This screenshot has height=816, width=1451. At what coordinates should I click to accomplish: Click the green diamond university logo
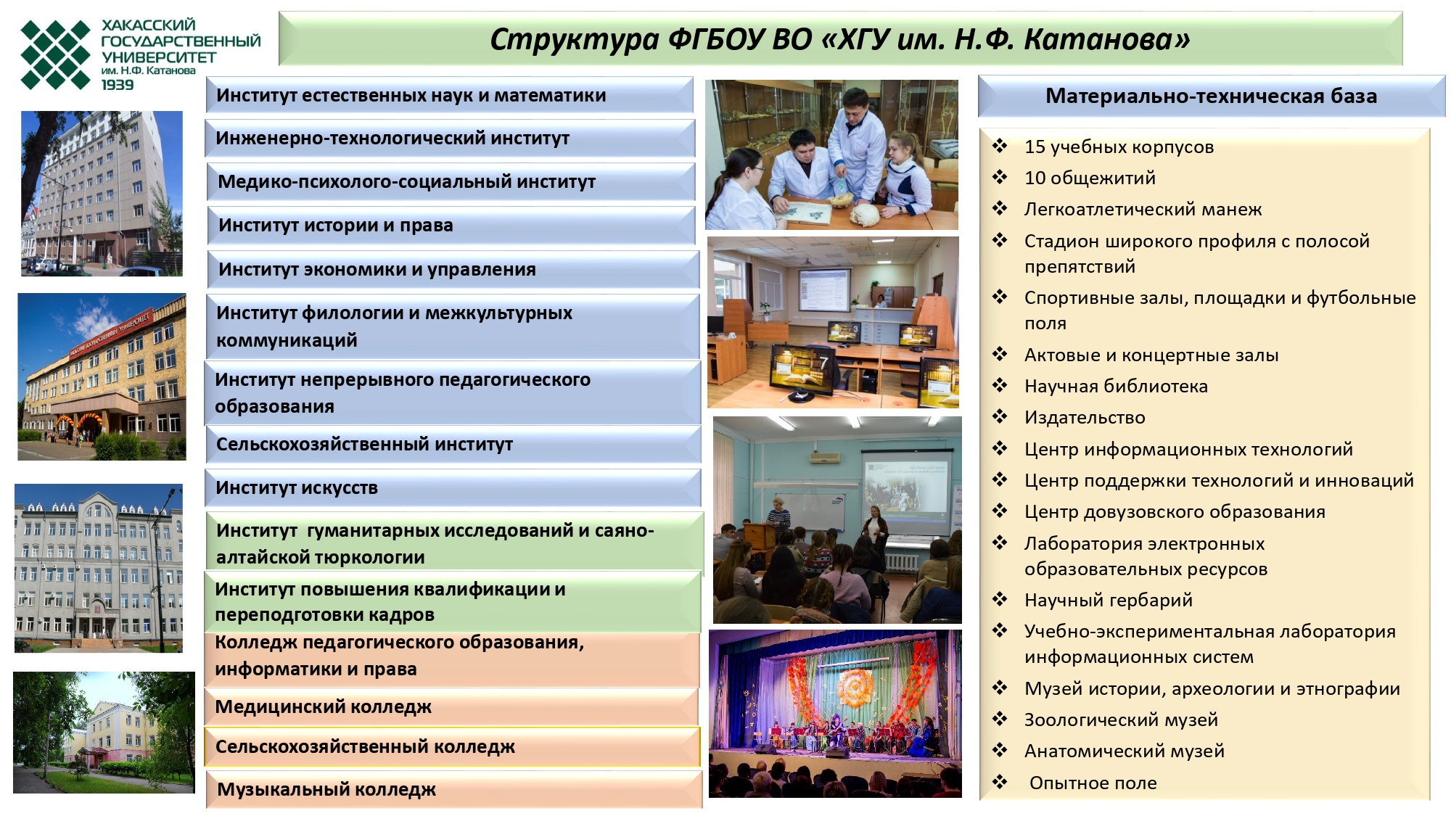(x=56, y=54)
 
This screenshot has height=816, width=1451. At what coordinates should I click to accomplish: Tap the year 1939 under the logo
(x=118, y=85)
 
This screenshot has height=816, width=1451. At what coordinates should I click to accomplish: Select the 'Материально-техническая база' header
(x=1211, y=96)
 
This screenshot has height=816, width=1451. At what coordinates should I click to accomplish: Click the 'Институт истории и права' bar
(x=451, y=226)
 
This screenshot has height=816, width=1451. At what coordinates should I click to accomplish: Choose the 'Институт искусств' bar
(x=453, y=488)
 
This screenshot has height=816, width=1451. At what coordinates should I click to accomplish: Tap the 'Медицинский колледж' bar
(x=452, y=706)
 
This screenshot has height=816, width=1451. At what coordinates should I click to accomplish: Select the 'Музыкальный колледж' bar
(x=454, y=789)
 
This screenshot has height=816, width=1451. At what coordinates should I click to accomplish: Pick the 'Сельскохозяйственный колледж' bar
(x=452, y=747)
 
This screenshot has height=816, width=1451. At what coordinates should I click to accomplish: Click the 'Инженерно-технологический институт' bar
(x=451, y=139)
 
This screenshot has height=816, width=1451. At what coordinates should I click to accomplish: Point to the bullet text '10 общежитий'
(x=1090, y=178)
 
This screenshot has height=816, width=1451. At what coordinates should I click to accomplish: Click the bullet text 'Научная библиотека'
(x=1116, y=387)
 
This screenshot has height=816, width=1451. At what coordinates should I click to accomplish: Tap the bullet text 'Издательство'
(x=1085, y=418)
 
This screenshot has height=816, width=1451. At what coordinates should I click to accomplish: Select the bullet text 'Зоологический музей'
(x=1121, y=720)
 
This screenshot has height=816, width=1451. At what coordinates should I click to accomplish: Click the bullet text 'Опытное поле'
(x=1093, y=783)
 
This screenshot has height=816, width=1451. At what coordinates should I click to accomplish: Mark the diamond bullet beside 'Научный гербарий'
(x=1000, y=599)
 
